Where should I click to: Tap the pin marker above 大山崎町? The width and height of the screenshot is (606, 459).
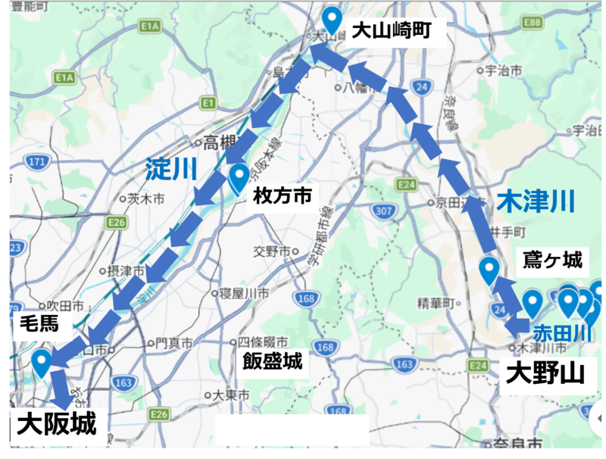point(332,20)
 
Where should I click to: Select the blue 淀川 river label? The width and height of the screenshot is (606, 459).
point(171,169)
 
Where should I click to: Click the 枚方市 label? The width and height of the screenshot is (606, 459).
point(282,196)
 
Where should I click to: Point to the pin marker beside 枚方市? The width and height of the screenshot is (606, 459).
point(239,179)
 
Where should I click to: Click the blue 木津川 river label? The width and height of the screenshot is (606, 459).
point(536,201)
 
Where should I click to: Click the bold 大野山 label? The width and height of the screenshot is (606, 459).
point(545,373)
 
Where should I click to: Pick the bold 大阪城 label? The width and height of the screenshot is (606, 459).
point(57,423)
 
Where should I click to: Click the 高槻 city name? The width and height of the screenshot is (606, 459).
point(221,142)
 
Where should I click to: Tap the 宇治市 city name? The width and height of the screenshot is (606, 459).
point(504,70)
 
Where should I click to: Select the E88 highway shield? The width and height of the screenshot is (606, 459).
point(533,23)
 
